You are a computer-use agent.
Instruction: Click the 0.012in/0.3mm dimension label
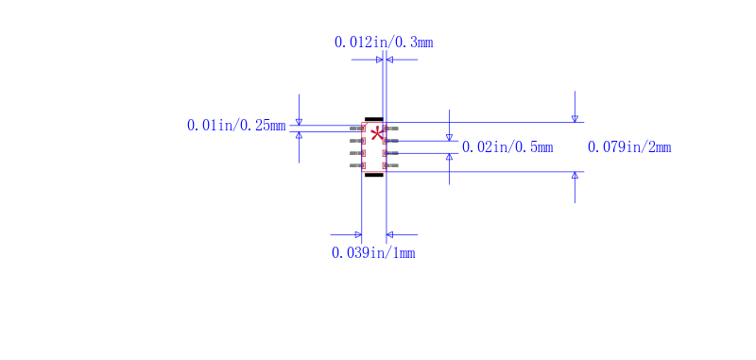click(x=384, y=43)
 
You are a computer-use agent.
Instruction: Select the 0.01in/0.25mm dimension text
click(x=236, y=127)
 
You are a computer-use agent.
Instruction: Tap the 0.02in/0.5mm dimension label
click(x=507, y=147)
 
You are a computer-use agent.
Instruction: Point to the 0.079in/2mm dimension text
click(x=629, y=147)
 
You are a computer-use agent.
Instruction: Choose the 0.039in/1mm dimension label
click(x=373, y=252)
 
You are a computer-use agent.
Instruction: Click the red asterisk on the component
click(x=376, y=133)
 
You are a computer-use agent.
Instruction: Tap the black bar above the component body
click(x=374, y=119)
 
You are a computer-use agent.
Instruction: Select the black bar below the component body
click(x=374, y=175)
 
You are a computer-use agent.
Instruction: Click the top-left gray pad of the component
click(x=356, y=129)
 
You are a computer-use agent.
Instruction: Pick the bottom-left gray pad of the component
click(x=356, y=165)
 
